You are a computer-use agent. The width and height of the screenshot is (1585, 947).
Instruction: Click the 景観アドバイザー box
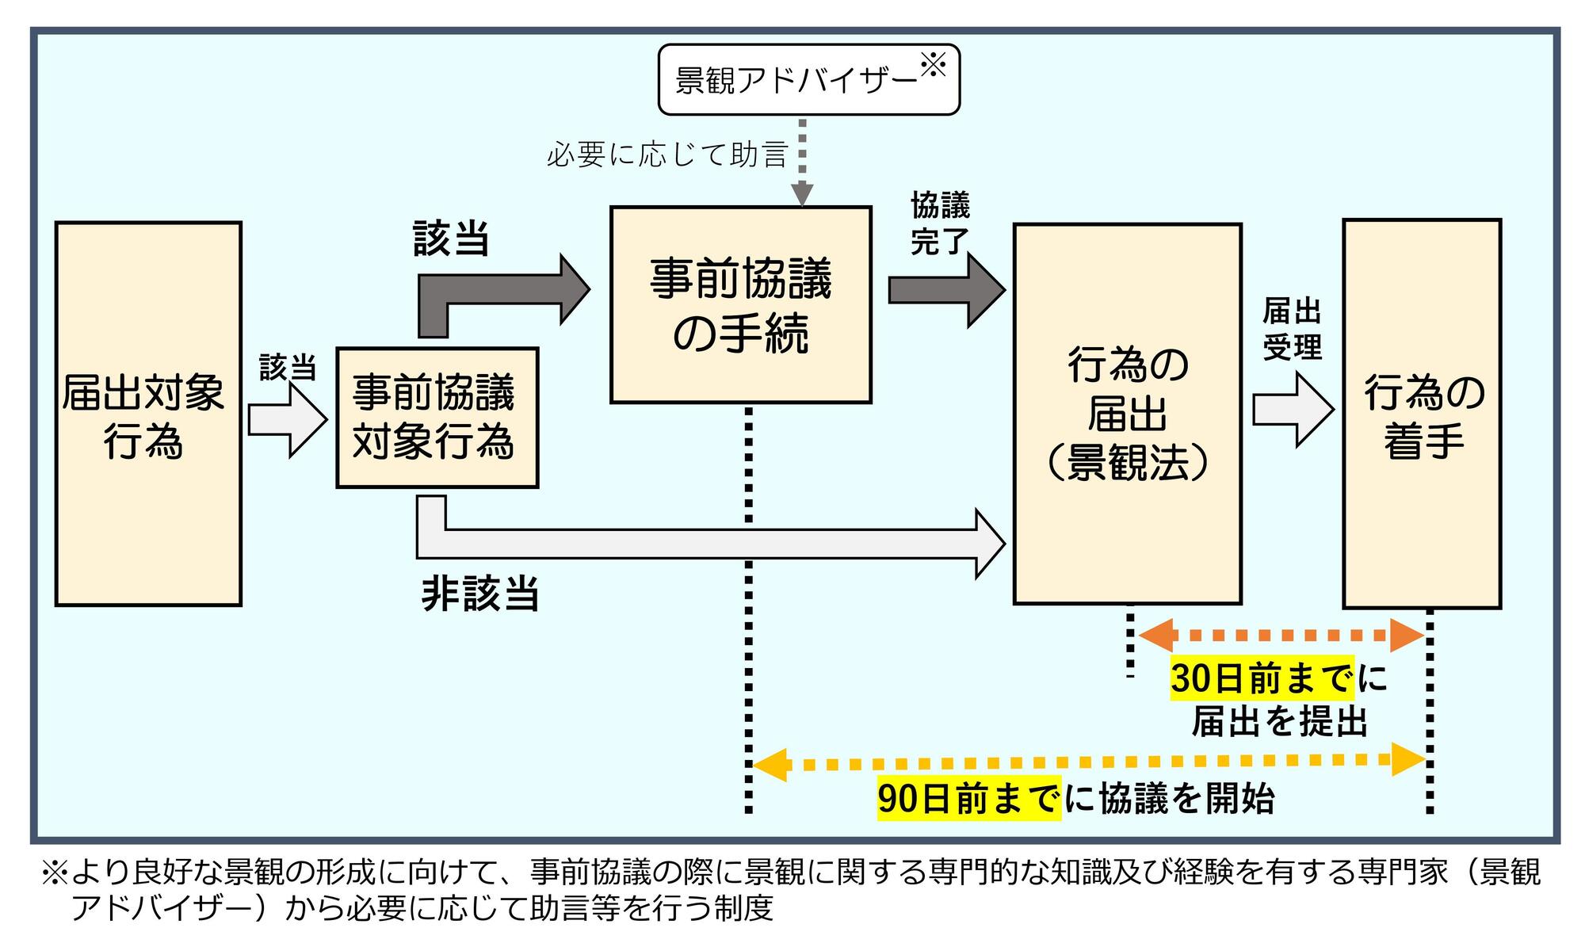[x=808, y=80]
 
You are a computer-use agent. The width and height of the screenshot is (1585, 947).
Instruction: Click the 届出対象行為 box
[x=148, y=414]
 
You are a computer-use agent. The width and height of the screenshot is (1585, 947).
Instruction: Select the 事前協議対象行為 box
[x=437, y=418]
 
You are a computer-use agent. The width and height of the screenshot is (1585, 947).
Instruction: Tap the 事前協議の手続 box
[x=740, y=305]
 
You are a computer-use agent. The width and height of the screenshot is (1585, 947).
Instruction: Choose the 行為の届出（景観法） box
[x=1126, y=414]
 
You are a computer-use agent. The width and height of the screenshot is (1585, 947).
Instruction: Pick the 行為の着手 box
[x=1421, y=414]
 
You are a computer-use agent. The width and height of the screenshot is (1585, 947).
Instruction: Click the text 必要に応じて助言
[x=666, y=155]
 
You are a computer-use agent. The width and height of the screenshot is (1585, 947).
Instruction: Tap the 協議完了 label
[x=940, y=223]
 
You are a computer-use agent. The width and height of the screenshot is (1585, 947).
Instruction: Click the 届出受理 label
[x=1292, y=329]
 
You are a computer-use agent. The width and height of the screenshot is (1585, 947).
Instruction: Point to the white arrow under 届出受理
[x=1293, y=410]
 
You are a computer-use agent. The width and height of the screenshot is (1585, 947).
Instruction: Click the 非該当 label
[x=480, y=593]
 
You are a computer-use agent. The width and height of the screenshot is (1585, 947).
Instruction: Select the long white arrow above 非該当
[x=713, y=543]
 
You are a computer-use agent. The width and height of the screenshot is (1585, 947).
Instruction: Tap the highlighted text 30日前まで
[x=1262, y=678]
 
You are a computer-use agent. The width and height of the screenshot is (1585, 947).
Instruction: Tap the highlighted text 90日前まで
[x=968, y=799]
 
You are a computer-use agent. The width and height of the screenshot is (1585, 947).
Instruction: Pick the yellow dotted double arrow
[x=1087, y=763]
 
